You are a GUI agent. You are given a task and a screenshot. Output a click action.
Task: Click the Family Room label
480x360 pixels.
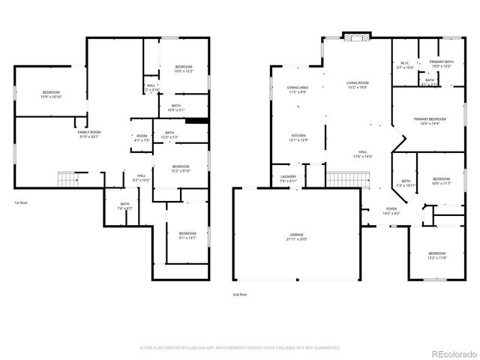pyautogui.click(x=88, y=134)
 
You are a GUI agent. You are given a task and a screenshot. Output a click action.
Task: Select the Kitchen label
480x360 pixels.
pyautogui.click(x=298, y=137)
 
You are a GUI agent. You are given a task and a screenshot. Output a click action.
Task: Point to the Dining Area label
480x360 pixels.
pyautogui.click(x=297, y=89)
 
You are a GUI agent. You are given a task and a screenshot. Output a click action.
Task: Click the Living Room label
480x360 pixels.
pyautogui.click(x=357, y=85)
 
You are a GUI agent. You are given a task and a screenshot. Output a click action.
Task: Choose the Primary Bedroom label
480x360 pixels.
pyautogui.click(x=433, y=121)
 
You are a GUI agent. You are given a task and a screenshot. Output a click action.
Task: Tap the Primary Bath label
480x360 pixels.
pyautogui.click(x=440, y=64)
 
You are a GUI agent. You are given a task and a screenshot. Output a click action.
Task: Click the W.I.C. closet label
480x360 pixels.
pyautogui.click(x=405, y=65)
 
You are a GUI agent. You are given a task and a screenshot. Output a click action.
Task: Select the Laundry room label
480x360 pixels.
pyautogui.click(x=289, y=178)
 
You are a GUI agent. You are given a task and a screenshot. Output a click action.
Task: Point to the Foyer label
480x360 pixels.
pyautogui.click(x=391, y=211)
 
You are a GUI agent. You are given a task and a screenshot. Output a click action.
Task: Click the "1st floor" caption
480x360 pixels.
pyautogui.click(x=22, y=203)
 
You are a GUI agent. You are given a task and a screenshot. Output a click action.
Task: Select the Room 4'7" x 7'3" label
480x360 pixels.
pyautogui.click(x=142, y=138)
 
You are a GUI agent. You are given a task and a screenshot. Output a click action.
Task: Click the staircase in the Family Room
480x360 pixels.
pyautogui.click(x=67, y=179)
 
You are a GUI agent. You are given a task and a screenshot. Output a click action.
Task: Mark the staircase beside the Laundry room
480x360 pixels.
pyautogui.click(x=349, y=180)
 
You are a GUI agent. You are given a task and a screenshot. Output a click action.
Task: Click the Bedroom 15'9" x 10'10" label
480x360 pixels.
pyautogui.click(x=51, y=94)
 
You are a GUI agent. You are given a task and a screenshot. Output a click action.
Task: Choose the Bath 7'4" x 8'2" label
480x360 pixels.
pyautogui.click(x=124, y=206)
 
